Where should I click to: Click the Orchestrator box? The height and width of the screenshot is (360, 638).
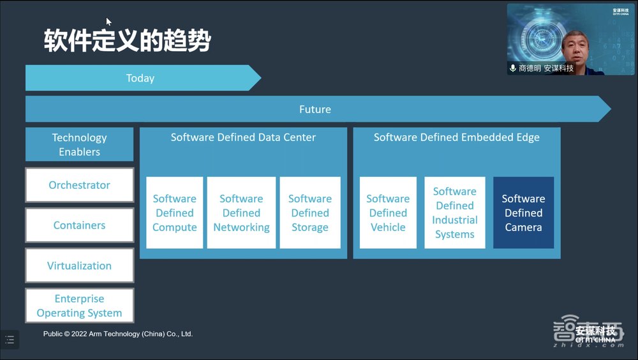coord(79,185)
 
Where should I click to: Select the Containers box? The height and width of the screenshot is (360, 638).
coord(79,225)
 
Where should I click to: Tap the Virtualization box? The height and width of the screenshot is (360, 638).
coord(79,266)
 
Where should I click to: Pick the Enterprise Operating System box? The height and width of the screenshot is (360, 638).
coord(79,306)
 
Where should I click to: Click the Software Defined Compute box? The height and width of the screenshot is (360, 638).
coord(174,213)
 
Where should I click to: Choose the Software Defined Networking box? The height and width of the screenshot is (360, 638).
coord(241,213)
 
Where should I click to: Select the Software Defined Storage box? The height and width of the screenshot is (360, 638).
coord(310,213)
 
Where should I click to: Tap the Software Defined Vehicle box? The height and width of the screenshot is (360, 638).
coord(388,213)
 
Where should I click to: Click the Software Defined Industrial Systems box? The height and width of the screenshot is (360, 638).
coord(455,213)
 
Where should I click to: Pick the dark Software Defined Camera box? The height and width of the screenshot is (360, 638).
coord(523,213)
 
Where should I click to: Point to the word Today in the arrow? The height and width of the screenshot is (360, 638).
coord(140,78)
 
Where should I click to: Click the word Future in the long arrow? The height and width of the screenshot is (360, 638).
coord(315,109)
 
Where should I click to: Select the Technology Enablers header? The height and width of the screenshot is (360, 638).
coord(79,144)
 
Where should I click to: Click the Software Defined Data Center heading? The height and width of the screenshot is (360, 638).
coord(243,137)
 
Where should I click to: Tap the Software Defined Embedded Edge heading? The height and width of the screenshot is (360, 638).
coord(457,137)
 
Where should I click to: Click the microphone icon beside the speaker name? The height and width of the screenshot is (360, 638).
coord(513,68)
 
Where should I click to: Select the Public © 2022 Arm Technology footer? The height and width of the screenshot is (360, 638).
coord(118,334)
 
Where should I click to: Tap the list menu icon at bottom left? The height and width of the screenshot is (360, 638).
coord(10,340)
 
